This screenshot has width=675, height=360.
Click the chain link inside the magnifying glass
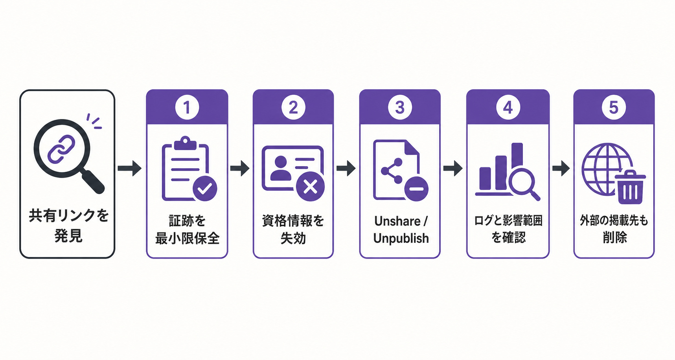coord(61,149)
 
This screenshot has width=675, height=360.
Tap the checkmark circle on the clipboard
coord(205,189)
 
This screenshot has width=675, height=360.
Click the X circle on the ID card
coord(311,187)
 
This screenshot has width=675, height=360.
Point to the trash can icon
coord(630,187)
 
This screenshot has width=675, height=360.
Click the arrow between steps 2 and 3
coord(346,168)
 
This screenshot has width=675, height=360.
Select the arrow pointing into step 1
coord(129,168)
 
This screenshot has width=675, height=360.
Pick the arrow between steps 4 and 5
coord(561,168)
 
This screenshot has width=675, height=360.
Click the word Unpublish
coord(401,238)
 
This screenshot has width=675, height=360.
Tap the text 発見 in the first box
coord(68,236)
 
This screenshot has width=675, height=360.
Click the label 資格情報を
coord(293,221)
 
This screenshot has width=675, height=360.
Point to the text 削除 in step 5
coord(614,237)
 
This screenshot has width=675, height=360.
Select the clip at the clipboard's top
coord(185,143)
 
